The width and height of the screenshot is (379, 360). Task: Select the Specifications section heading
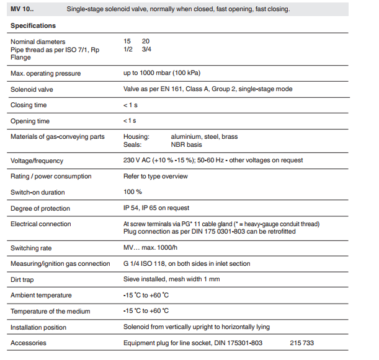tap(33, 25)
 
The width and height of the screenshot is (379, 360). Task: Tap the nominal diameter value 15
tap(127, 42)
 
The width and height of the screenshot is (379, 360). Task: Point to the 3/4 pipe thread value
tap(146, 50)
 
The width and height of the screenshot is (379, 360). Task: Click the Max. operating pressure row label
tap(45, 73)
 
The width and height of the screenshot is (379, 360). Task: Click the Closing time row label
tap(29, 105)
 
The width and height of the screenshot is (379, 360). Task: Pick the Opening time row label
tap(30, 121)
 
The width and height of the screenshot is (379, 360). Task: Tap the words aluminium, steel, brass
tap(204, 136)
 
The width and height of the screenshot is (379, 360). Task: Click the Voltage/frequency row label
tap(37, 160)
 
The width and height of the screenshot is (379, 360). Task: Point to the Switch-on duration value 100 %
tap(133, 192)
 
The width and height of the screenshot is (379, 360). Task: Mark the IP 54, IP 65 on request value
tap(156, 208)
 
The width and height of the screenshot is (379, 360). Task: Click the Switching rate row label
tap(31, 248)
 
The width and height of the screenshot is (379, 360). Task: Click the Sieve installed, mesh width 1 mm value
tap(172, 279)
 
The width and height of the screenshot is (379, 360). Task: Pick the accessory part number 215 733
tap(301, 343)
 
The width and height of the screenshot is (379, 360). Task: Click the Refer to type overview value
tap(155, 177)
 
